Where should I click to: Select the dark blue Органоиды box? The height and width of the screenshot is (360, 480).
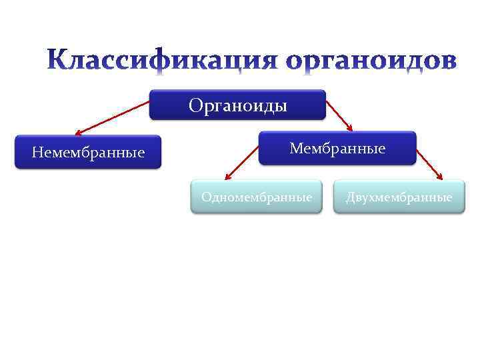(237, 105)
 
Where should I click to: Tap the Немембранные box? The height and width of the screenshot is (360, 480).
(88, 153)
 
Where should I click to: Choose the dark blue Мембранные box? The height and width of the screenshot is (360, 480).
(337, 148)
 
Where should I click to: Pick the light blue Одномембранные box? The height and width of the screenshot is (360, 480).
(257, 197)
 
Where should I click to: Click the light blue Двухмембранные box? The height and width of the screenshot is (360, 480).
(399, 197)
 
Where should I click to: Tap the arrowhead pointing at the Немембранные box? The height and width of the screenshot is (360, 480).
(79, 133)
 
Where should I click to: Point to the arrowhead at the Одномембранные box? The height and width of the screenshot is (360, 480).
(227, 178)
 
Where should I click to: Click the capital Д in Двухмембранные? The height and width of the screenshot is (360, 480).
(350, 197)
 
